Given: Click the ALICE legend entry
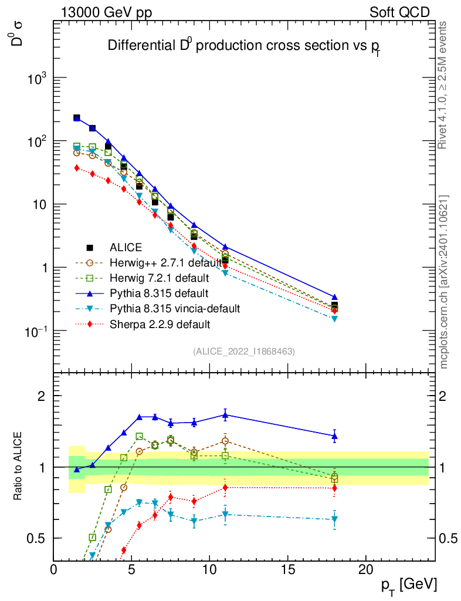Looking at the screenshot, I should [126, 248].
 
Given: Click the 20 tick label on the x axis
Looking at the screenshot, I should [365, 569].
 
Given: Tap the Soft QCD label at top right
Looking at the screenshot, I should [399, 12].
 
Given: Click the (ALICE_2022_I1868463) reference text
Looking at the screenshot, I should [243, 351].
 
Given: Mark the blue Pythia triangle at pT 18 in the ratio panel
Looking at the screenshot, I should [334, 436].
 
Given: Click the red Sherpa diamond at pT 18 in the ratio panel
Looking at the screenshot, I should [334, 488].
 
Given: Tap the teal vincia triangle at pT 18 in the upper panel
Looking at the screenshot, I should [334, 319].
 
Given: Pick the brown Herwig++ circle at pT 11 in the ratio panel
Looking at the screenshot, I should [225, 441].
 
